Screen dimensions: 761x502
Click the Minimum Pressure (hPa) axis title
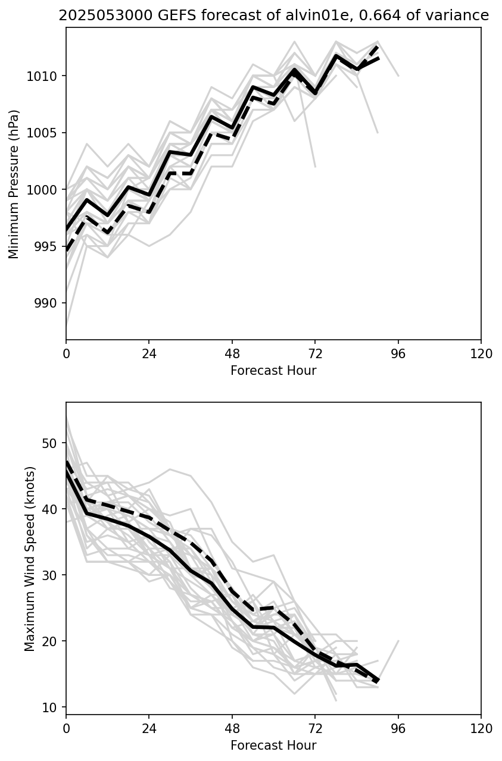click(14, 184)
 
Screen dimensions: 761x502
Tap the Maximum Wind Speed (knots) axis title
click(30, 558)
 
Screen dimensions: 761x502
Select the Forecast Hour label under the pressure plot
click(273, 371)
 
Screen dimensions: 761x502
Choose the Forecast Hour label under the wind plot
click(273, 746)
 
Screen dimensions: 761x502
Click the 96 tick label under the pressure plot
click(398, 354)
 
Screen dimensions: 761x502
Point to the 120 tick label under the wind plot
click(481, 729)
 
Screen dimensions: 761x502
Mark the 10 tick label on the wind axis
click(51, 707)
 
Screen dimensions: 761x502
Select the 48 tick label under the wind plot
click(232, 729)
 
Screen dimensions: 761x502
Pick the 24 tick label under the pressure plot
click(149, 354)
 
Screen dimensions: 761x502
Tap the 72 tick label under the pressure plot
click(315, 354)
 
